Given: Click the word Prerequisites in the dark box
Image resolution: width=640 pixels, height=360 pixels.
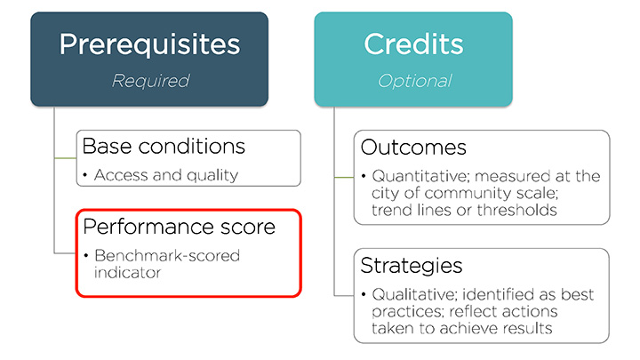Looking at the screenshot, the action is [x=150, y=45].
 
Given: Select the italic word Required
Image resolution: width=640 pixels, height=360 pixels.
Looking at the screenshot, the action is [x=150, y=81].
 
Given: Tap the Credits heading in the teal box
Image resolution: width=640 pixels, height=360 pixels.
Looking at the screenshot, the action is [x=413, y=44].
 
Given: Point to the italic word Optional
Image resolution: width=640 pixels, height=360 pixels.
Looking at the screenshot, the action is [x=415, y=81].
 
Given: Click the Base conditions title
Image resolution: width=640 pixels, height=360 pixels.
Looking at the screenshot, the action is [x=164, y=146].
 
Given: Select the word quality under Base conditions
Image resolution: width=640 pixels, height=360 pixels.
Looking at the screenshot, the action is [x=212, y=175].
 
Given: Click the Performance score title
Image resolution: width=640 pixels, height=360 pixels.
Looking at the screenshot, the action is [x=180, y=227].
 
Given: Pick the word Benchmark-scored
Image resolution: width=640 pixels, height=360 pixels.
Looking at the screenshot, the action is [x=167, y=256].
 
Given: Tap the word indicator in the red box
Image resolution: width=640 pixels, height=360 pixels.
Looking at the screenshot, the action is [x=127, y=272].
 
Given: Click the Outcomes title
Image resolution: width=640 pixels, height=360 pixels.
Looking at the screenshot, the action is [x=413, y=148].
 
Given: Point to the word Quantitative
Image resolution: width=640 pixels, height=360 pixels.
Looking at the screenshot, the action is [x=421, y=176].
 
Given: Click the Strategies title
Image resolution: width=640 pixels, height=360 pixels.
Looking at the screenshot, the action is [x=412, y=265].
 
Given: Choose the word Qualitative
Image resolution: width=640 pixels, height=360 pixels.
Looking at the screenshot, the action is [x=415, y=294].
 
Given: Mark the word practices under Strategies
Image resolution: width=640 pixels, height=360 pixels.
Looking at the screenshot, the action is [x=407, y=312].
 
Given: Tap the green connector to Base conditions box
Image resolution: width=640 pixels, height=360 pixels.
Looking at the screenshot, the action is [x=65, y=158].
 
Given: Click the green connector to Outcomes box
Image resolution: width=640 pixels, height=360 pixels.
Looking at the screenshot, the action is [x=344, y=178].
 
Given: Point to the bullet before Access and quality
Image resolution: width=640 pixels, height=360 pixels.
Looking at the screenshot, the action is [x=85, y=175].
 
